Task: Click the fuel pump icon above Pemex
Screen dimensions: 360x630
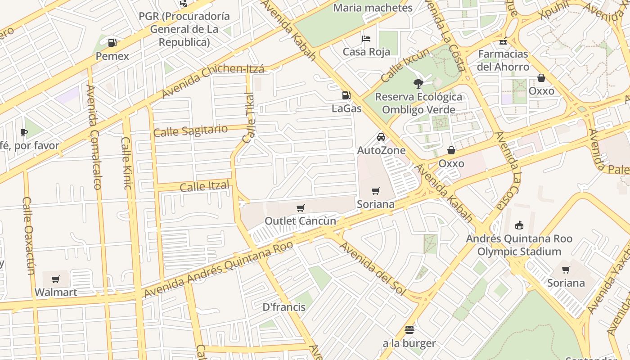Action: pos(112,43)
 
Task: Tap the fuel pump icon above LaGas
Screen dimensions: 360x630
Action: pos(346,95)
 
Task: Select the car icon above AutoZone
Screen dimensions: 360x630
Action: pos(381,137)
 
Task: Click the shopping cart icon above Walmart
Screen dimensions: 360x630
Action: pos(56,279)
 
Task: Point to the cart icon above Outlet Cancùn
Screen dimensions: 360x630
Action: pos(300,208)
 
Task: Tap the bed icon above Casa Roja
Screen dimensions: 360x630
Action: pos(366,39)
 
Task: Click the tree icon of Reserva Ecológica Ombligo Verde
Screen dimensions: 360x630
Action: pos(418,83)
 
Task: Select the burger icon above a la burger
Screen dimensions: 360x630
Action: pos(409,330)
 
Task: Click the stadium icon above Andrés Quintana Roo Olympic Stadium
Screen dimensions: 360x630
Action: pos(519,225)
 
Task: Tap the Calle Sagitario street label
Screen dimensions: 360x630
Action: pos(190,131)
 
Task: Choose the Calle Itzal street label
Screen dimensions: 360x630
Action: pos(204,186)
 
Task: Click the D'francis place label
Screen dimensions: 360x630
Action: pos(284,307)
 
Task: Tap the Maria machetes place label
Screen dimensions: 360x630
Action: pos(373,8)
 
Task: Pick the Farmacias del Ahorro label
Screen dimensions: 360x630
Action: pos(503,60)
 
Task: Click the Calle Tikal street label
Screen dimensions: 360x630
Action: pos(248,118)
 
